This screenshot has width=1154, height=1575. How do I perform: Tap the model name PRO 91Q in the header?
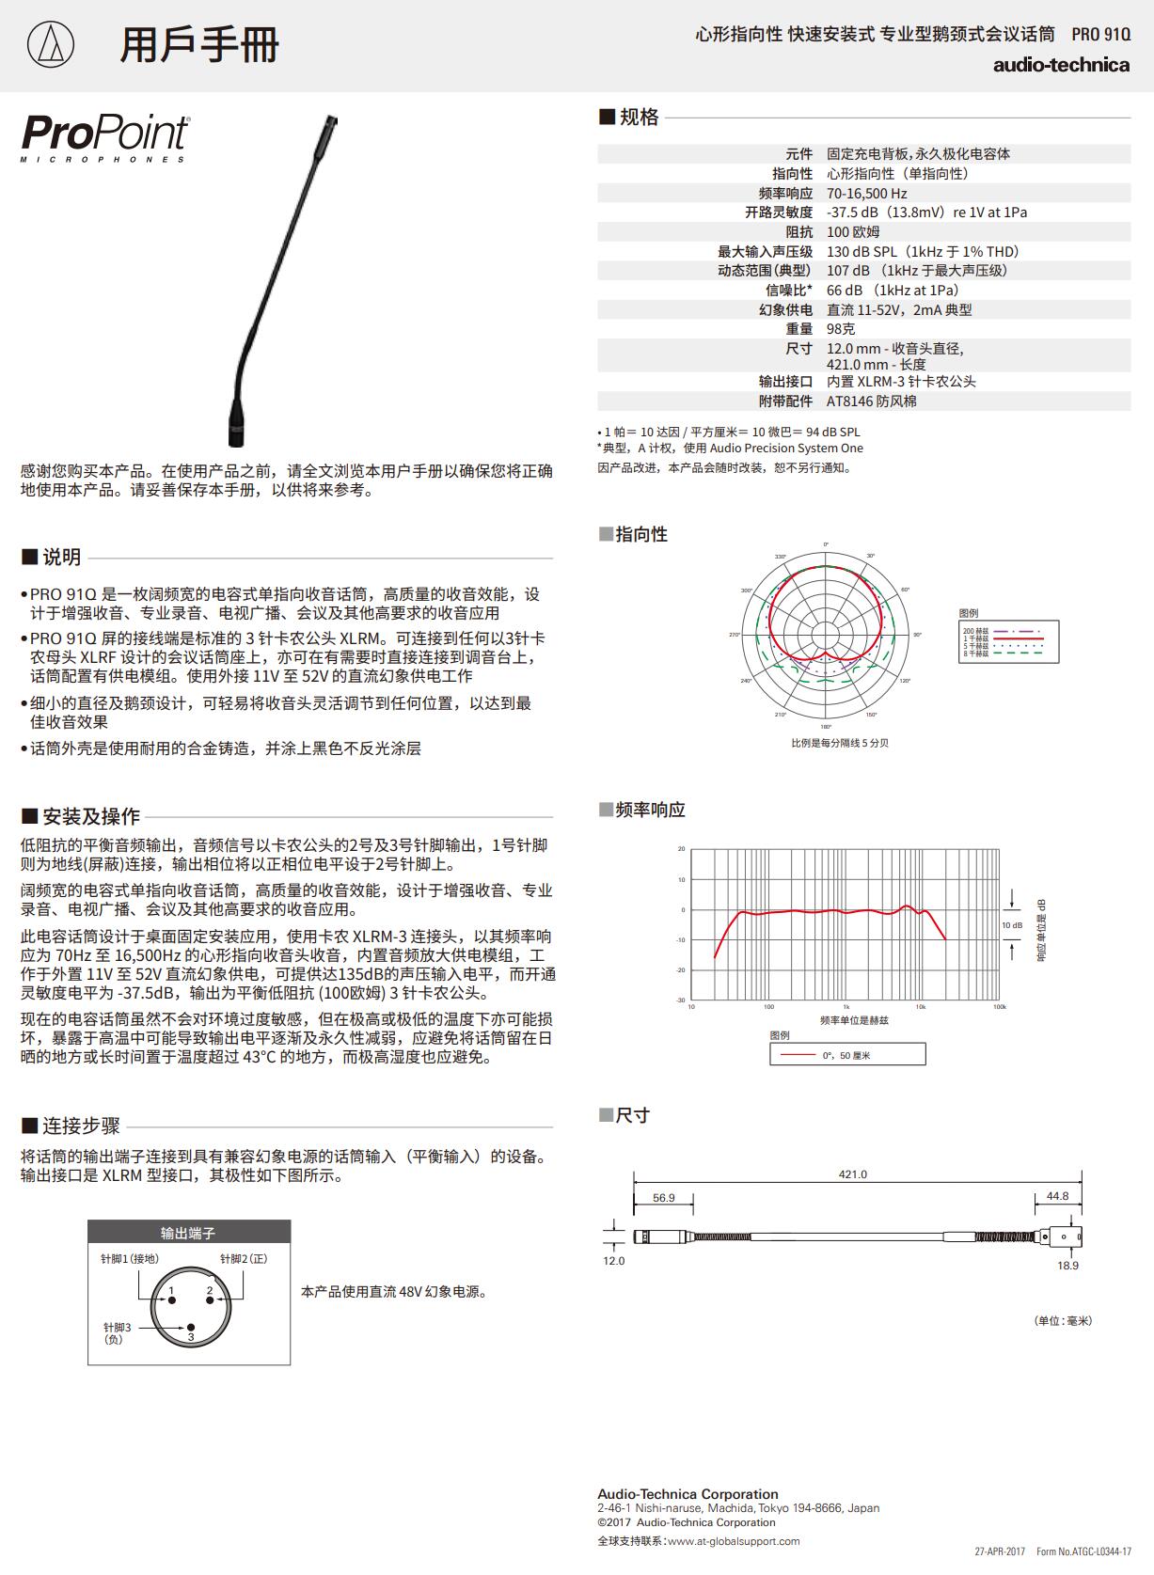(x=1100, y=35)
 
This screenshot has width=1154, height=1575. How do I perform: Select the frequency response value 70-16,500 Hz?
(x=866, y=193)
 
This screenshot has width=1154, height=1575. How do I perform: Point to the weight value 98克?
(x=841, y=329)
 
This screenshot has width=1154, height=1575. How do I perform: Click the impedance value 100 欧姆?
(x=853, y=231)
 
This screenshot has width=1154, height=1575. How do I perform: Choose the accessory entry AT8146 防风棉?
(x=871, y=401)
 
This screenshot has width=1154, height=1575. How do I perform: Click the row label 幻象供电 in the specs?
(x=785, y=309)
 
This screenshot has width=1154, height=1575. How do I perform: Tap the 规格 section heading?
(x=639, y=118)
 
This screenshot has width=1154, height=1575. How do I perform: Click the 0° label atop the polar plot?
(x=826, y=544)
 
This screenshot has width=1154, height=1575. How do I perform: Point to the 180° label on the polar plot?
(x=826, y=727)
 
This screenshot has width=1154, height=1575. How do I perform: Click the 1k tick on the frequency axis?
(x=846, y=1007)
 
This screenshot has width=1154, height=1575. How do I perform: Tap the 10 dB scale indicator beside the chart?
(x=1011, y=925)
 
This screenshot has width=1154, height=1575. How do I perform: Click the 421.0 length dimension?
(x=852, y=1173)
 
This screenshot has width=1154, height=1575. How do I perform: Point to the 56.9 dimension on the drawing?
(x=663, y=1197)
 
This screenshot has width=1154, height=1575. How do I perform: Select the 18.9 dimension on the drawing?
(x=1067, y=1265)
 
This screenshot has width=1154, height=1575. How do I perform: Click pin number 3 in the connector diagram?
(x=190, y=1334)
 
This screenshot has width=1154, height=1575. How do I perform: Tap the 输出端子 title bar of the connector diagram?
(x=188, y=1233)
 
